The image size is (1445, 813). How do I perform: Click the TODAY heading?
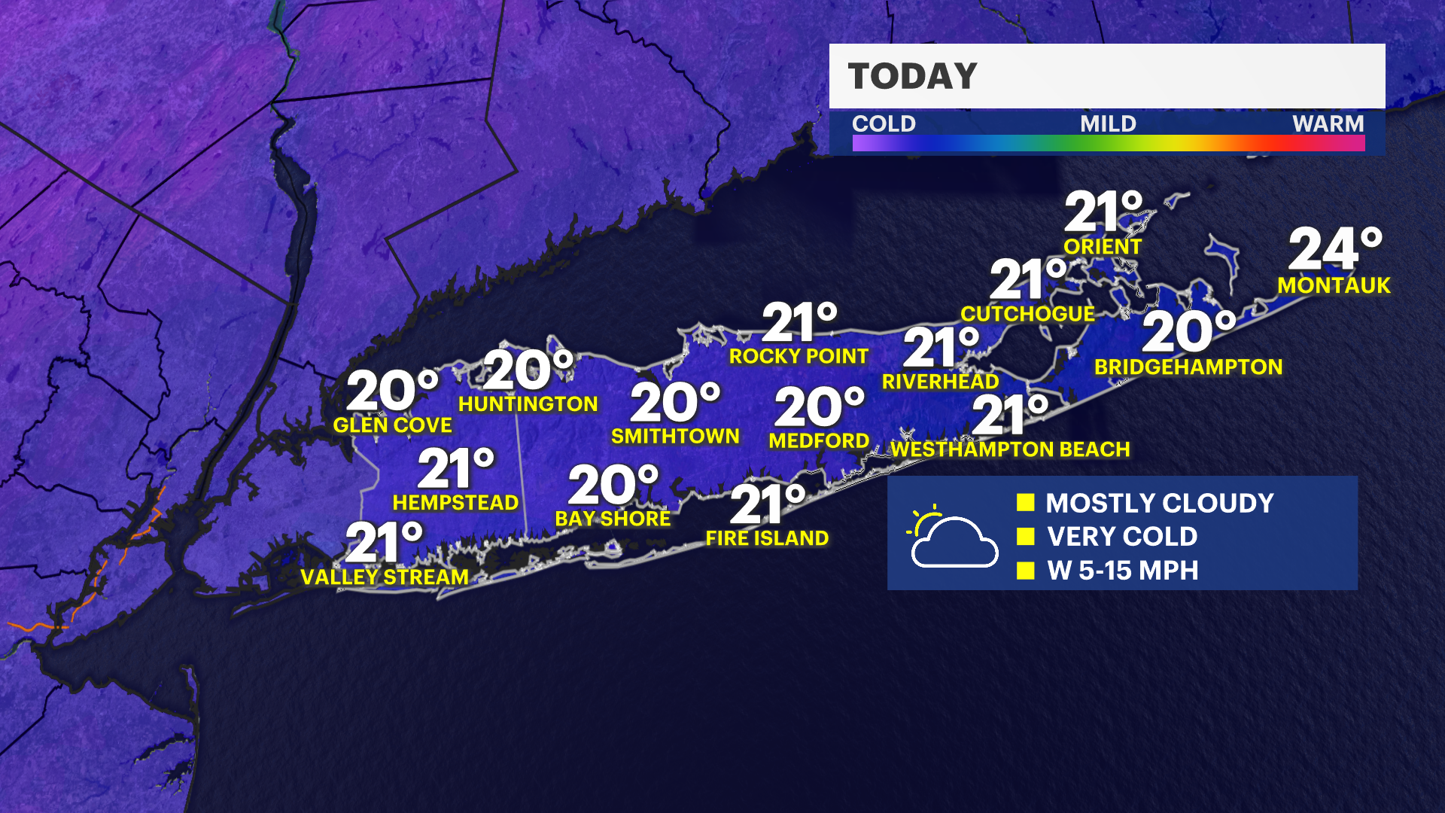(x=912, y=76)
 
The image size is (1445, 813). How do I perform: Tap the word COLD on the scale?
(x=884, y=123)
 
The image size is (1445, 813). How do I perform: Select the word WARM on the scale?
(x=1328, y=123)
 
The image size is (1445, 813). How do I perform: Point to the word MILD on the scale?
(x=1108, y=123)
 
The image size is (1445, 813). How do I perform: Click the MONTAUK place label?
(x=1334, y=285)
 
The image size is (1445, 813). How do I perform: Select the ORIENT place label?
(x=1103, y=246)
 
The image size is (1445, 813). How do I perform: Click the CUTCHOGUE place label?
(x=1027, y=314)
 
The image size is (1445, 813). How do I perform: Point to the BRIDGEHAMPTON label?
(x=1188, y=367)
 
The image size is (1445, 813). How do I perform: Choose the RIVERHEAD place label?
(x=940, y=382)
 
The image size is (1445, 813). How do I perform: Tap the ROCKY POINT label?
(x=799, y=356)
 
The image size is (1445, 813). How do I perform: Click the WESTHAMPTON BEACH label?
(x=1010, y=449)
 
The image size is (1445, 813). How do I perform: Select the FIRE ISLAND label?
(x=767, y=538)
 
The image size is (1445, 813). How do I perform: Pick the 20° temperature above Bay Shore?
(x=613, y=485)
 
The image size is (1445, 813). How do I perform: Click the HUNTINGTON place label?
(x=528, y=404)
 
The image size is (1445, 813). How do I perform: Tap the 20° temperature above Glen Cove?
(x=392, y=391)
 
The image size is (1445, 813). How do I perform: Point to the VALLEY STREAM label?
(x=385, y=577)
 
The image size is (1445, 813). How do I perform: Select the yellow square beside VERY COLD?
(x=1025, y=536)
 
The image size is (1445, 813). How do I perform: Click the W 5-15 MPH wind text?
(x=1122, y=571)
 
